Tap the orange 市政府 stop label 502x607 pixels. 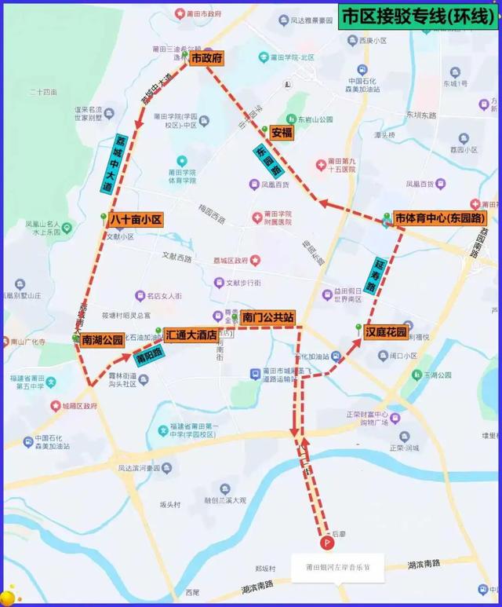coord(207,58)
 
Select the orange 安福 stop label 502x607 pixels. coord(282,133)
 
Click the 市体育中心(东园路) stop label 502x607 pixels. coord(439,218)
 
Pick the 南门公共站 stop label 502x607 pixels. coord(267,317)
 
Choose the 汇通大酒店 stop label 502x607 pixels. coord(191,334)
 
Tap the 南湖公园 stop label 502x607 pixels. coord(103,340)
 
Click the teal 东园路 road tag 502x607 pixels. coord(267,161)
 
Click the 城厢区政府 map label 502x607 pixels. coord(78,406)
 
